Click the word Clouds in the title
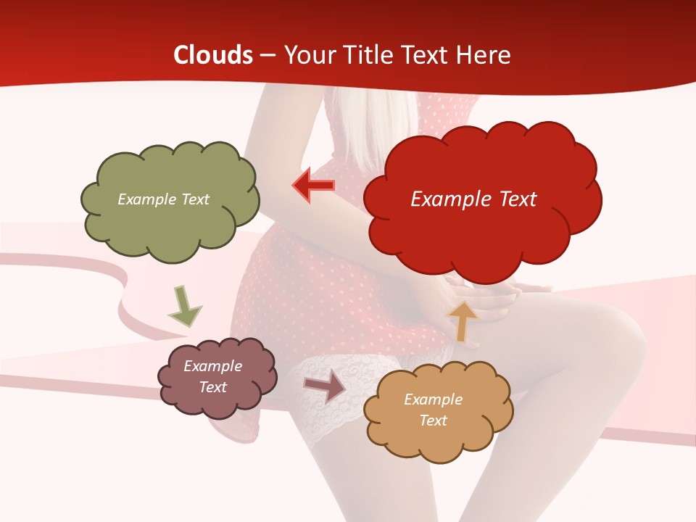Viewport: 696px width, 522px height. [x=213, y=55]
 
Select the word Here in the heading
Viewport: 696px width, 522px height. [x=485, y=55]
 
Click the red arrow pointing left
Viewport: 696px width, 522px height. [x=314, y=186]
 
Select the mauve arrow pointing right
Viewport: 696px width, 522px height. [x=326, y=387]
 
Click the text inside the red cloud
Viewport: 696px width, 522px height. [x=473, y=199]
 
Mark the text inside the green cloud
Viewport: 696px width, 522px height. [x=163, y=199]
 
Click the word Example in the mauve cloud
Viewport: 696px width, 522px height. [x=212, y=366]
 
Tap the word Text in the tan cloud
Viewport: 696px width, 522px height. [x=433, y=420]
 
